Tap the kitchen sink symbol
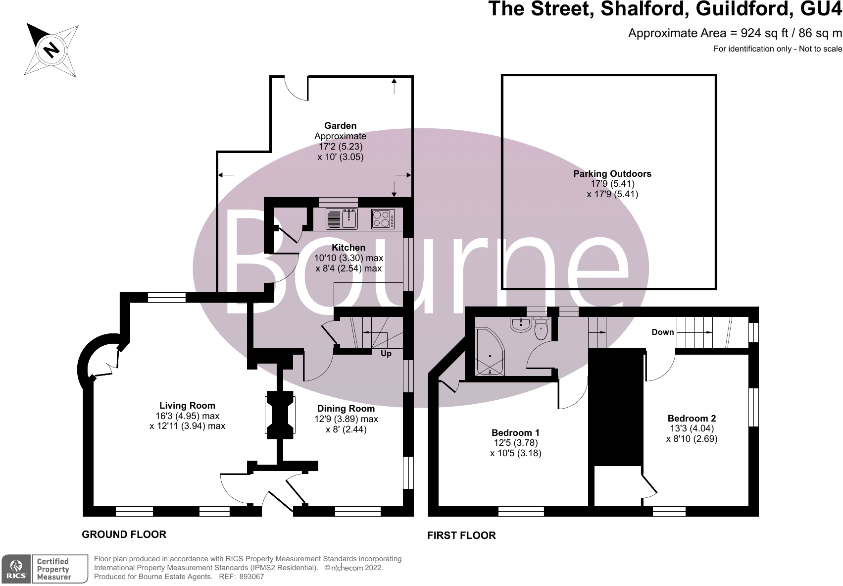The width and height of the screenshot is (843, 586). pos(342,219)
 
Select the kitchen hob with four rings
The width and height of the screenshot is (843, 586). pos(383,219)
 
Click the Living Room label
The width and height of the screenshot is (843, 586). pos(187,405)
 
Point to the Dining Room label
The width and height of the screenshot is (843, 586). pos(346,408)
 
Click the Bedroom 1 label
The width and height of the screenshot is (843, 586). pos(515,432)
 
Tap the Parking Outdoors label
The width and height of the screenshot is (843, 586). pos(612,173)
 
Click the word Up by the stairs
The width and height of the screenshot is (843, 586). pos(386,354)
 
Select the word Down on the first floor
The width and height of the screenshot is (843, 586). pos(662,332)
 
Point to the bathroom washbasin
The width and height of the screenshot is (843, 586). pos(520,324)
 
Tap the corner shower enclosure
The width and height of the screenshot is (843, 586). pos(488,352)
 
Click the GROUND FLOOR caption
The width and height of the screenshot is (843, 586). pos(124,534)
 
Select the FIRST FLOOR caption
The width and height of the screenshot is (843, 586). pos(461,535)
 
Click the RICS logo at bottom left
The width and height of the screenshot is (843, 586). pos(16,569)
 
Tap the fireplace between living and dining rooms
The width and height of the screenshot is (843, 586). pos(281,415)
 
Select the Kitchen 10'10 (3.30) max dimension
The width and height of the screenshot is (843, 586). pos(348,258)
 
